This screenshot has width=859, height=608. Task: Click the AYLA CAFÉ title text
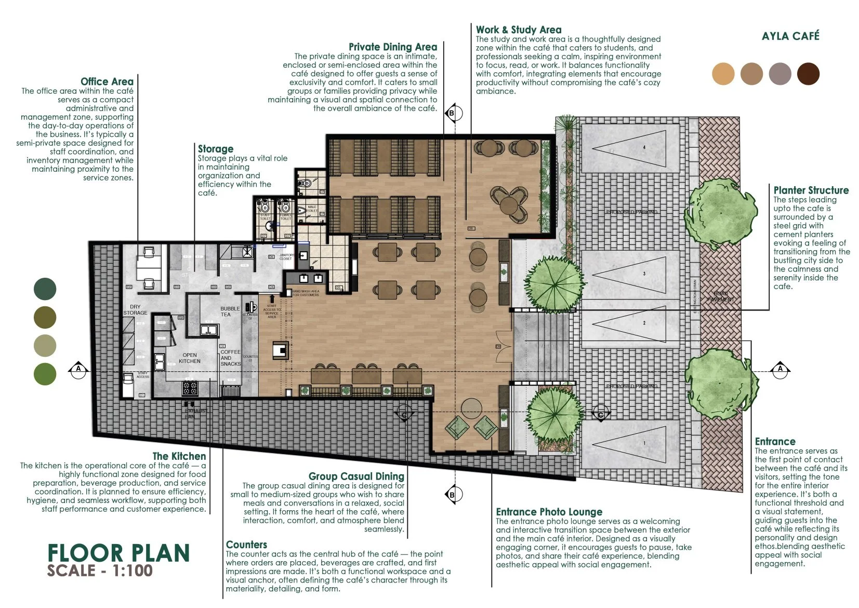[x=790, y=36]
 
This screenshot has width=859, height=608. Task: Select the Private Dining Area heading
[x=392, y=47]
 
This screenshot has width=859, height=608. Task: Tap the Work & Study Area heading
[x=518, y=30]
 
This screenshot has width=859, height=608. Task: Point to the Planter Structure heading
[x=811, y=190]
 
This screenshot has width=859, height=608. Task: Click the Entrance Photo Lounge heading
[x=549, y=512]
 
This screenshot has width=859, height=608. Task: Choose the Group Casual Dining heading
[x=356, y=476]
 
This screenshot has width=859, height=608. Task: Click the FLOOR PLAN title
[x=118, y=553]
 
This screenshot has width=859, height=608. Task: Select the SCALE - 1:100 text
[x=100, y=571]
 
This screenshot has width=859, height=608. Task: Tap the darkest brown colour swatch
[x=808, y=73]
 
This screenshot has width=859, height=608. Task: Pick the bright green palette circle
[x=45, y=374]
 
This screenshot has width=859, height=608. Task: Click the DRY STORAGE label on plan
[x=135, y=310]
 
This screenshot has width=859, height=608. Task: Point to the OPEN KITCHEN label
[x=189, y=358]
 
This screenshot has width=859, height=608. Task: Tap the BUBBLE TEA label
[x=230, y=311]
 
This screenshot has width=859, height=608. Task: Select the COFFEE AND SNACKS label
[x=230, y=358]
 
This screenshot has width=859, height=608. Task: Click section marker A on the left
[x=78, y=369]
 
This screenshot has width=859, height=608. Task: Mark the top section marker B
[x=452, y=113]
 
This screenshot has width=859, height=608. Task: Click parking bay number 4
[x=644, y=148]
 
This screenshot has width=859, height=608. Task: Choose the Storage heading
[x=215, y=149]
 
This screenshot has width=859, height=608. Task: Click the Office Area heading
[x=107, y=82]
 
